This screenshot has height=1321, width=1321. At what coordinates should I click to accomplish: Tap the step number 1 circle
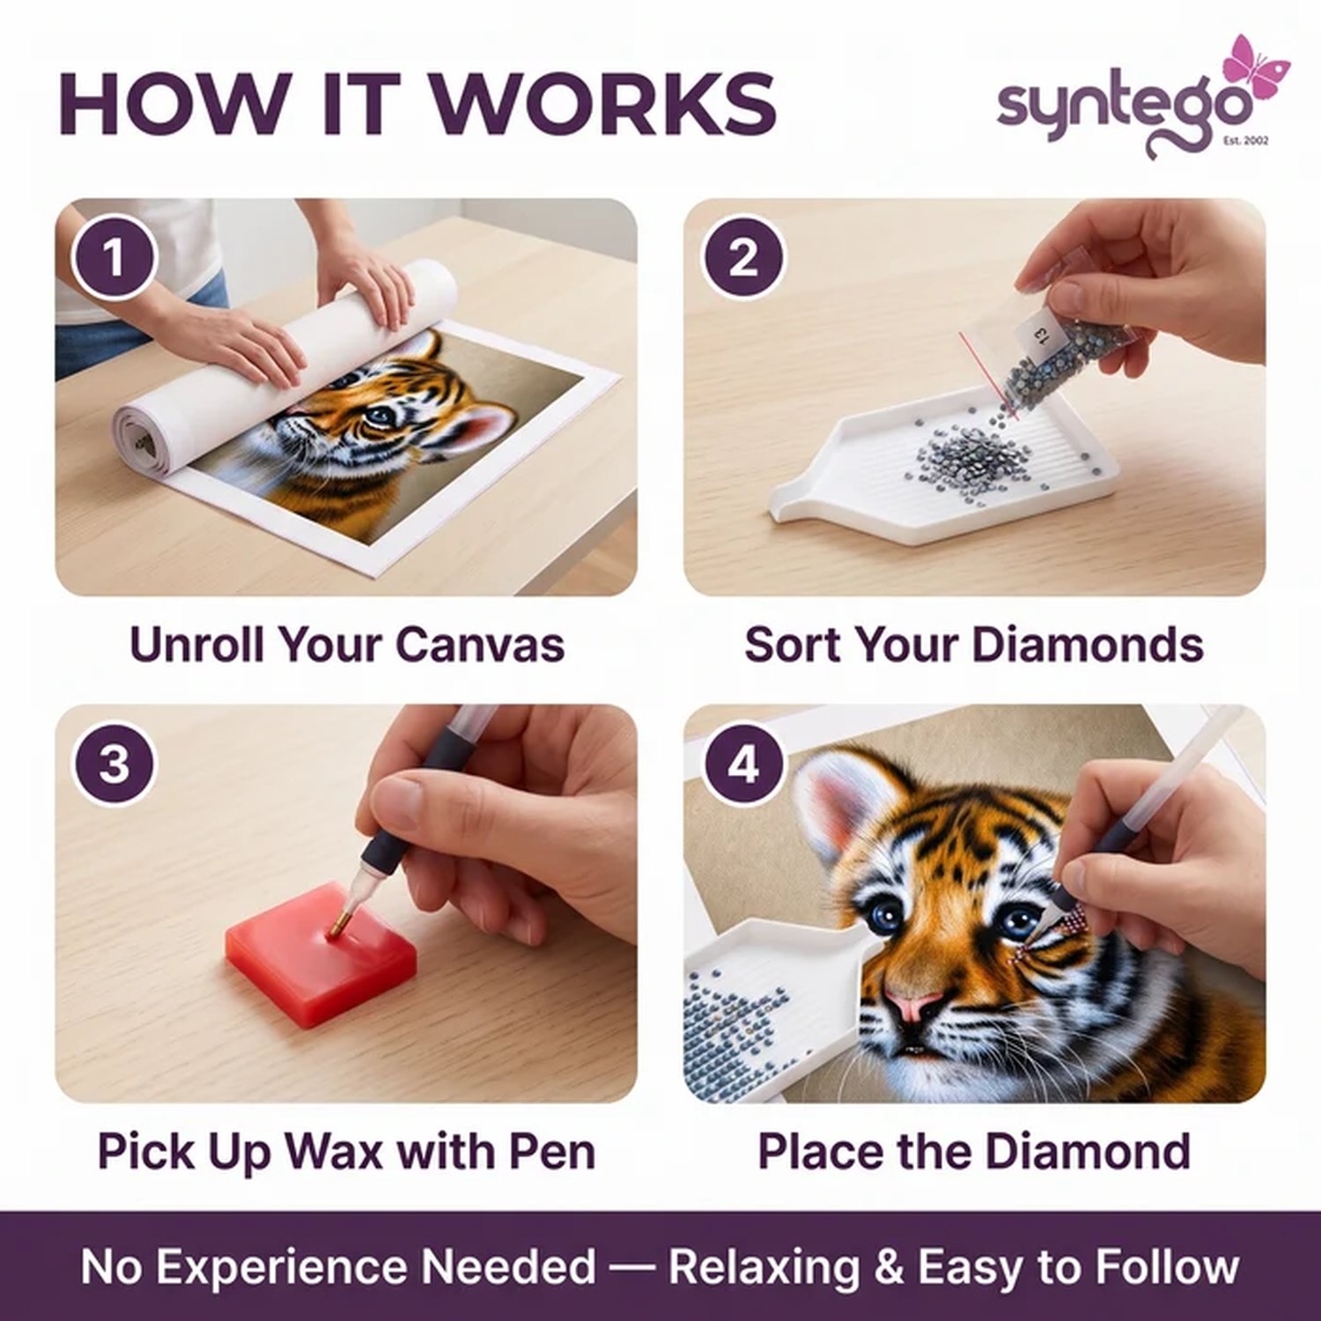(114, 258)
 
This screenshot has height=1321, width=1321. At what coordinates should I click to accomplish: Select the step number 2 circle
(743, 258)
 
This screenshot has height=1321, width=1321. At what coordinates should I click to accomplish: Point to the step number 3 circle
(114, 764)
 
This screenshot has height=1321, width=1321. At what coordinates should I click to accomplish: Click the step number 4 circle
(743, 764)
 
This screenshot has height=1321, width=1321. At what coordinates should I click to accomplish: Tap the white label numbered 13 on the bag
(1037, 334)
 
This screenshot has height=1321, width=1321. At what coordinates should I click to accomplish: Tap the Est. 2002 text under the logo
(1247, 141)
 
